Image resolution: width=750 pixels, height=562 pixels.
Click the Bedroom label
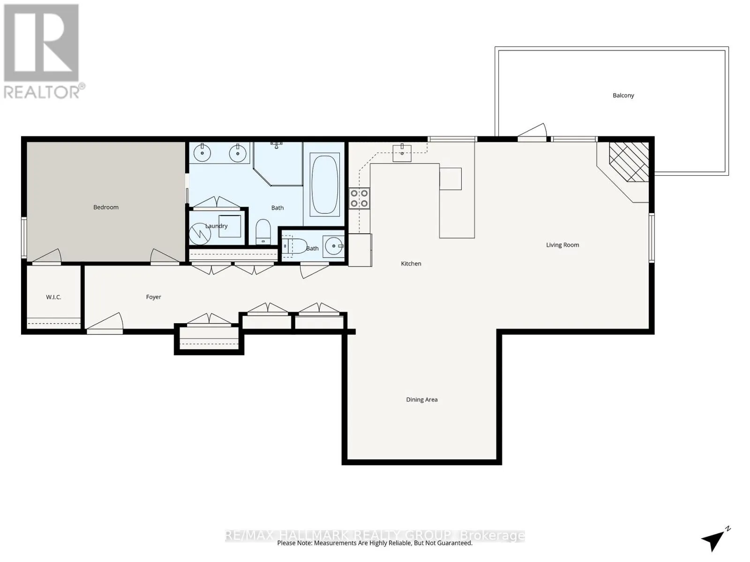tap(106, 207)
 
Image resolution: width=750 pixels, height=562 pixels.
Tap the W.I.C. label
tap(53, 297)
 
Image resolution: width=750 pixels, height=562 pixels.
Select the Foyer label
tap(153, 297)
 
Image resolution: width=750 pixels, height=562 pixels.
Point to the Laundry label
tap(216, 226)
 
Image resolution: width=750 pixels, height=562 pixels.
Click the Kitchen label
tap(411, 263)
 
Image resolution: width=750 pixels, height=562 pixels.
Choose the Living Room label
tap(562, 244)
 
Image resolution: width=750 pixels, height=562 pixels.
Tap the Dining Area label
tap(421, 399)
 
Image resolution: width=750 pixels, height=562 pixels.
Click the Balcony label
tap(623, 96)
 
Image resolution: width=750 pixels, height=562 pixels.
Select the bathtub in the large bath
tap(324, 184)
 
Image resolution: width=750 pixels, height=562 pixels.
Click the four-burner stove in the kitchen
tap(359, 199)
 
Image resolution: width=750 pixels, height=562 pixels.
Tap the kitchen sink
tap(402, 153)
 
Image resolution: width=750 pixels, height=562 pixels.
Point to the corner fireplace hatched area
tap(629, 162)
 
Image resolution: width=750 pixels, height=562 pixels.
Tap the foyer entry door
tap(105, 323)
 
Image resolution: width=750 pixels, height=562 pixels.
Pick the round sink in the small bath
tap(334, 246)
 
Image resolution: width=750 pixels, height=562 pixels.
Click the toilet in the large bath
tap(263, 232)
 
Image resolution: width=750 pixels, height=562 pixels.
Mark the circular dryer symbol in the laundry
tap(200, 234)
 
